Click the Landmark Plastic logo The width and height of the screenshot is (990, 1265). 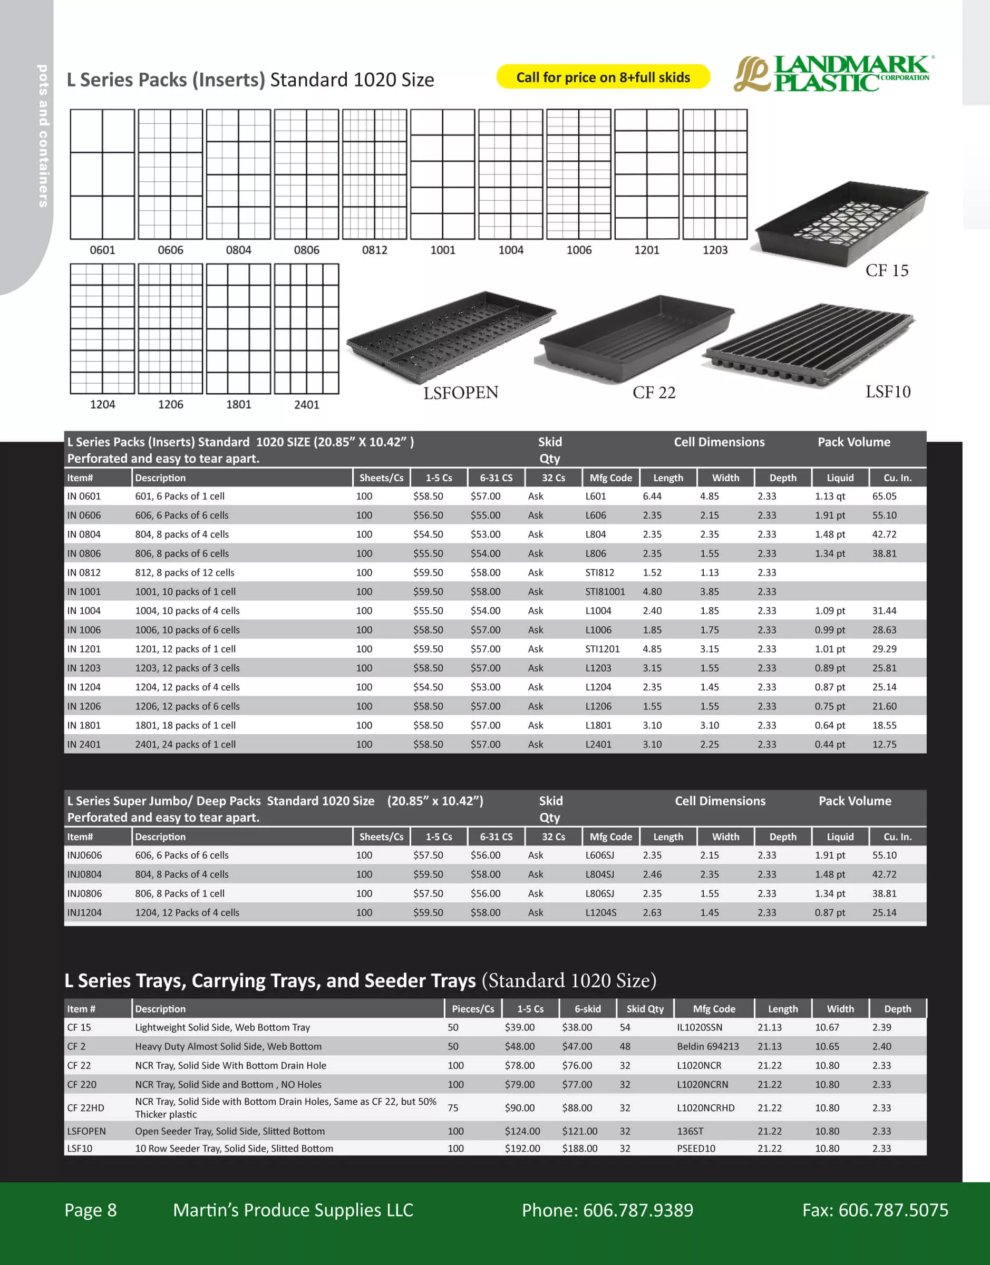click(832, 74)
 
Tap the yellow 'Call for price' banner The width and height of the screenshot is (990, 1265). click(603, 77)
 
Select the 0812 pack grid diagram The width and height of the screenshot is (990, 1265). click(374, 174)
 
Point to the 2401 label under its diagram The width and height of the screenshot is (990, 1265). click(307, 404)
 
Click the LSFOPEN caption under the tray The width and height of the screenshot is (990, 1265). click(461, 393)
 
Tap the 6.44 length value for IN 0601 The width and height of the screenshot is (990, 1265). click(652, 496)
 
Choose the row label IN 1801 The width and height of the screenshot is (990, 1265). click(84, 725)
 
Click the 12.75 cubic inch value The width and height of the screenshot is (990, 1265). click(884, 744)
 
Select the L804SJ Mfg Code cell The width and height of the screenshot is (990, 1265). click(599, 874)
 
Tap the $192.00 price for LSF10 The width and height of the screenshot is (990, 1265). click(522, 1148)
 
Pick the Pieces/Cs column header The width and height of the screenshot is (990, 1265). click(473, 1009)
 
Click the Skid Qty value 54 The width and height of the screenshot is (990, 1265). click(625, 1027)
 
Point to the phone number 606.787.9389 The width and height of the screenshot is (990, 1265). click(637, 1210)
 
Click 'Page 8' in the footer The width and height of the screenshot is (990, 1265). click(91, 1210)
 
